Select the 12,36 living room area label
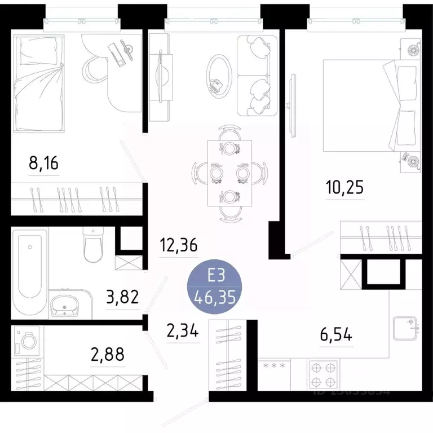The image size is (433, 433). click(178, 246)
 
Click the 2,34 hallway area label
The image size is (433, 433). click(183, 331)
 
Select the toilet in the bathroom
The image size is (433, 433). click(91, 245)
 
